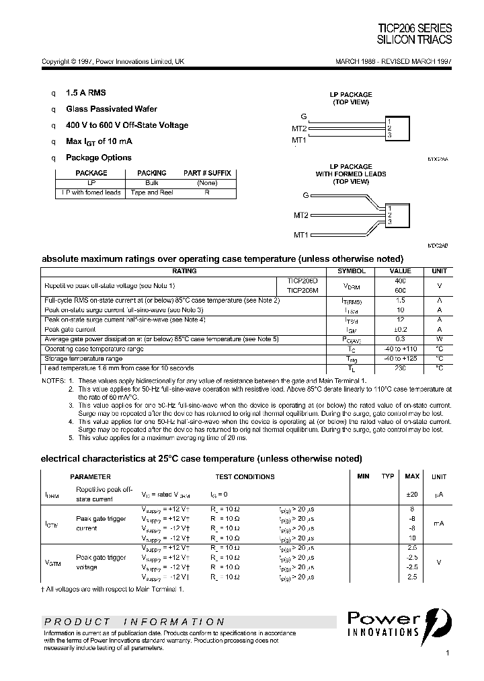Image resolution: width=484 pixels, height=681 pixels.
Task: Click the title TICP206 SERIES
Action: pyautogui.click(x=414, y=28)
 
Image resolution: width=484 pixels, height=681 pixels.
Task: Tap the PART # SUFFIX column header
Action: pyautogui.click(x=207, y=173)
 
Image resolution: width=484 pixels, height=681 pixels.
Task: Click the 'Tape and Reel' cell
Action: pyautogui.click(x=153, y=192)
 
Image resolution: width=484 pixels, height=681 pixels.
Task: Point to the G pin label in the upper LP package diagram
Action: pyautogui.click(x=304, y=116)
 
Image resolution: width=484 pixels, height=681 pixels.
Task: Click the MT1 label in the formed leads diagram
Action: pyautogui.click(x=300, y=235)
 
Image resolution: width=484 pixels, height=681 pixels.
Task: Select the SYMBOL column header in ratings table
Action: pyautogui.click(x=351, y=271)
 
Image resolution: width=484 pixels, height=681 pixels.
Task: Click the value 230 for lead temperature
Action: pyautogui.click(x=401, y=368)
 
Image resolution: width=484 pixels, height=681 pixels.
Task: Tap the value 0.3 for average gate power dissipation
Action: pyautogui.click(x=401, y=339)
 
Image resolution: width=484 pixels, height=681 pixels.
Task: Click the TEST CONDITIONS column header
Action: pyautogui.click(x=245, y=476)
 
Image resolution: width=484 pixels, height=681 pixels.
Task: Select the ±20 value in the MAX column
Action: pyautogui.click(x=411, y=495)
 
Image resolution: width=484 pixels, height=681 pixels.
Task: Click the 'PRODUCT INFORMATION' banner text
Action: pyautogui.click(x=135, y=622)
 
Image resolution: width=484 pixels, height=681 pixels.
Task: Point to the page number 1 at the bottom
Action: pyautogui.click(x=447, y=653)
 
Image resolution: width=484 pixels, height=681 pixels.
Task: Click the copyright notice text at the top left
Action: pyautogui.click(x=113, y=61)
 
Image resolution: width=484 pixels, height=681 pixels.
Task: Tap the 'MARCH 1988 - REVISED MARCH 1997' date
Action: pyautogui.click(x=393, y=61)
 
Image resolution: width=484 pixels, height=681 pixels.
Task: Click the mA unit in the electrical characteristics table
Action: pyautogui.click(x=438, y=523)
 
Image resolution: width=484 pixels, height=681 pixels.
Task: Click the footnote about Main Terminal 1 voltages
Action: pyautogui.click(x=114, y=589)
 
